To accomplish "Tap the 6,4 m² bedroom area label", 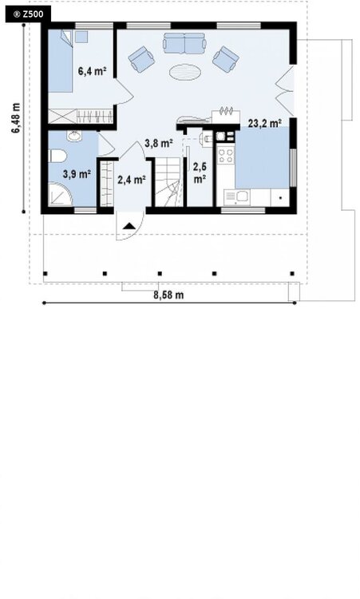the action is pos(92,70).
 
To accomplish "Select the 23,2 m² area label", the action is pos(265,123).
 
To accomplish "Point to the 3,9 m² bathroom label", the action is pos(77,174).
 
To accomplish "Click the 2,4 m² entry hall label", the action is pos(132,179).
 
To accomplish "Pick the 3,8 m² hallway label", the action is pos(159,143).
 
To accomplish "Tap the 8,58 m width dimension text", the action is pos(168,295).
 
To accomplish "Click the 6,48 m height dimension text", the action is pos(16,118).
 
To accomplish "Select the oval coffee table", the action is pos(185,72).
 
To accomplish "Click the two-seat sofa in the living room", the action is pos(184,44).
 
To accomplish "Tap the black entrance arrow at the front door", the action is pos(129,226).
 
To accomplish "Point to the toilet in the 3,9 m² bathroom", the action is pos(57,157).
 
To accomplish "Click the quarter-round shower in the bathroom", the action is pos(61,194).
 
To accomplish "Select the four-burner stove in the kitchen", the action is pos(226,155).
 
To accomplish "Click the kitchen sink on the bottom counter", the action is pos(237,197).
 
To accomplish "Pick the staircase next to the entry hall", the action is pos(169,183).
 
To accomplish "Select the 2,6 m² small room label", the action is pos(200,173).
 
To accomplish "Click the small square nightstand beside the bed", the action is pos(81,37).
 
